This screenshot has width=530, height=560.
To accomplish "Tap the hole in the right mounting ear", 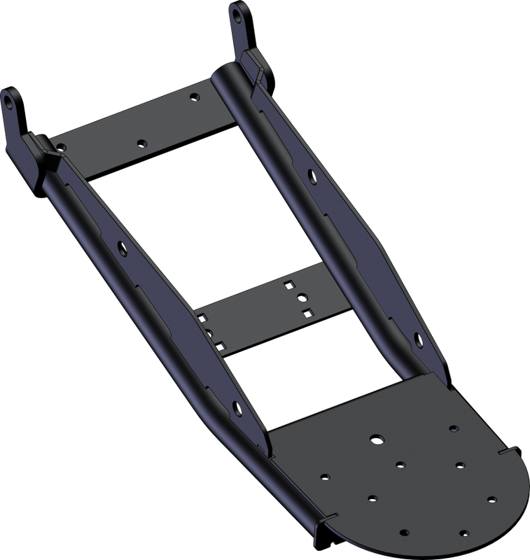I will click(239, 13).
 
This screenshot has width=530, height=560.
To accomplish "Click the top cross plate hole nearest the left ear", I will click(63, 147).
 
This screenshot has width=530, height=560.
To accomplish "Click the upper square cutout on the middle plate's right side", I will click(288, 284).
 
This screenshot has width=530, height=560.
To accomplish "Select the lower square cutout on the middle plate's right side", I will click(305, 310).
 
